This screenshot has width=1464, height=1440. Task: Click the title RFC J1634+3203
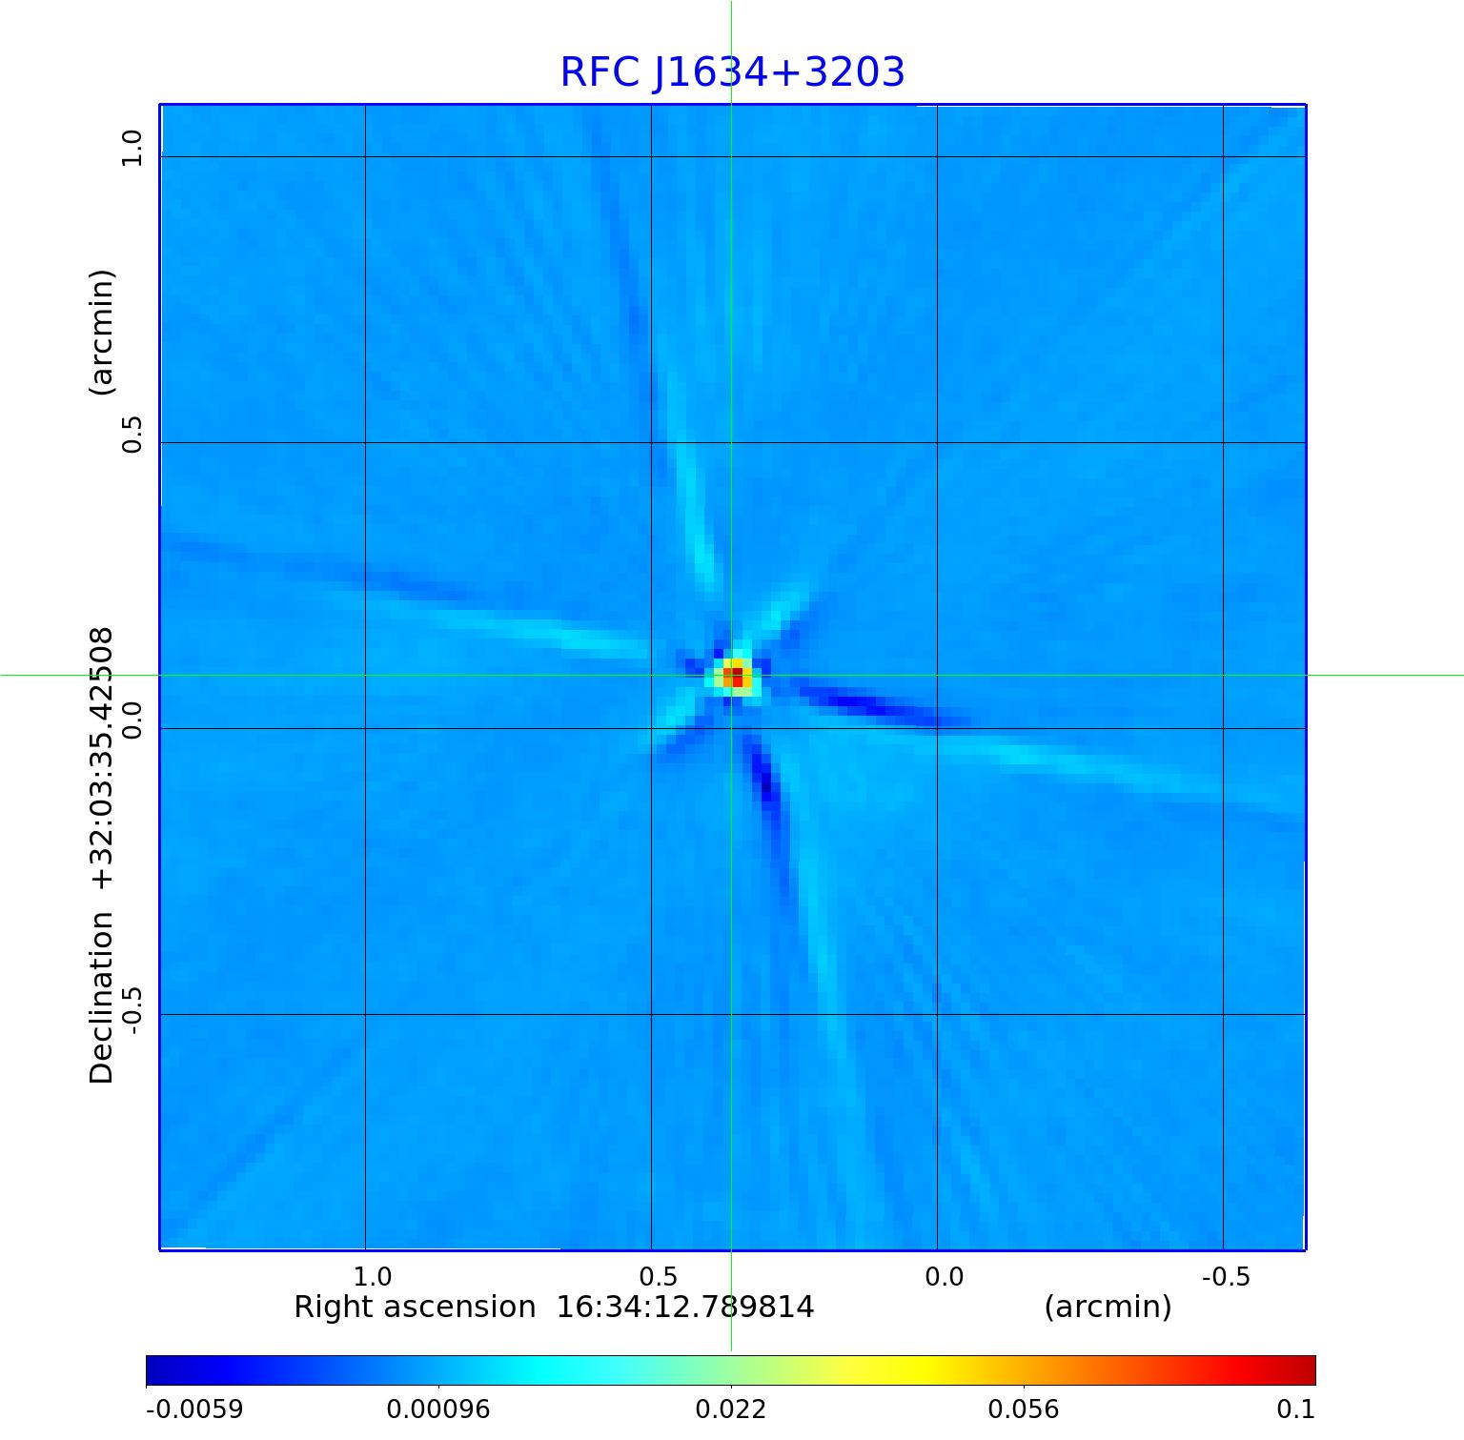(732, 72)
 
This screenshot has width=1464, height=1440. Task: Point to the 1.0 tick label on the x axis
(373, 1277)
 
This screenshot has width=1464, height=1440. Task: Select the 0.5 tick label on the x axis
(659, 1277)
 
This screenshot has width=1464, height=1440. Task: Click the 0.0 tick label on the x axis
(945, 1277)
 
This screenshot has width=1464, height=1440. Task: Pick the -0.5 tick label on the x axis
(1226, 1277)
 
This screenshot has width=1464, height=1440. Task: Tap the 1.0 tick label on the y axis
(131, 148)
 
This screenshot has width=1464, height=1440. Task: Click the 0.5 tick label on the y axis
(131, 435)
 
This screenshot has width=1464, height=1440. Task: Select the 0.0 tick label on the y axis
(131, 720)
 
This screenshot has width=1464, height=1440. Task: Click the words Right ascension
(415, 1307)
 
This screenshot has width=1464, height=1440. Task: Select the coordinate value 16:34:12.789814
(685, 1307)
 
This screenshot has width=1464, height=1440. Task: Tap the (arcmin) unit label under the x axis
(1108, 1307)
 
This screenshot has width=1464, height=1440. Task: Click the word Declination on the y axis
(101, 998)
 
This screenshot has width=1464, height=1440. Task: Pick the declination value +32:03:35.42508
(101, 759)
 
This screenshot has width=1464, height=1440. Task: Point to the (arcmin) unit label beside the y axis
(101, 332)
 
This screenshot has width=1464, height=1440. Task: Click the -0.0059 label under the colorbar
(194, 1409)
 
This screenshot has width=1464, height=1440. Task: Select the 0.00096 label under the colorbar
(438, 1409)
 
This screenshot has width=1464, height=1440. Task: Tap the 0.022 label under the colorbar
(731, 1409)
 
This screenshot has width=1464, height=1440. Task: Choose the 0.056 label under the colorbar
(1024, 1409)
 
